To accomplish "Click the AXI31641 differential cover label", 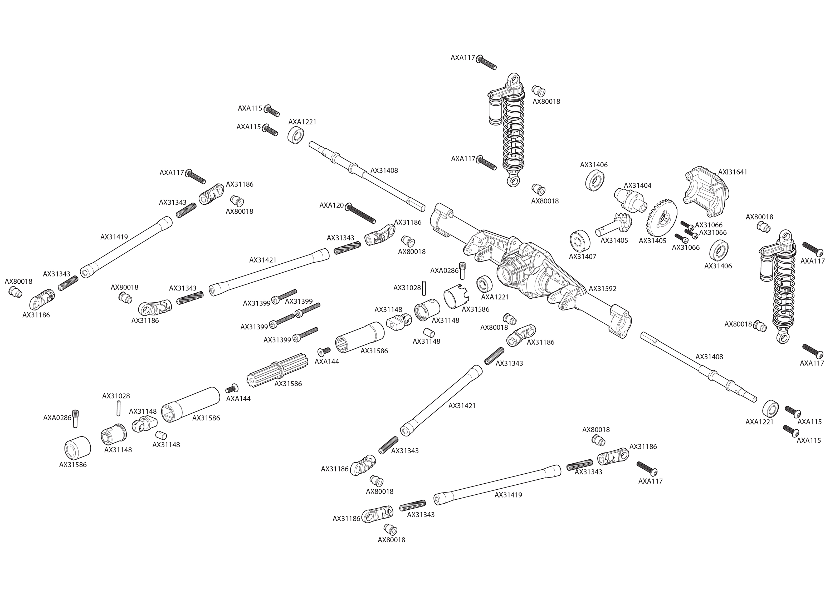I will (x=733, y=172).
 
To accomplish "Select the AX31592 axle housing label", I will (x=602, y=289).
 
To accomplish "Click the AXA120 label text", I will (x=331, y=205).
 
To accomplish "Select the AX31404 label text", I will (x=637, y=185).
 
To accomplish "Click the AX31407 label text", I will (x=583, y=257).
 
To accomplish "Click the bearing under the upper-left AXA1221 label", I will (x=296, y=136).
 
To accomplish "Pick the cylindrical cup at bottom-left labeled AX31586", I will (x=78, y=448).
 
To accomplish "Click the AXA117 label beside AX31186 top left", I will (x=172, y=172).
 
